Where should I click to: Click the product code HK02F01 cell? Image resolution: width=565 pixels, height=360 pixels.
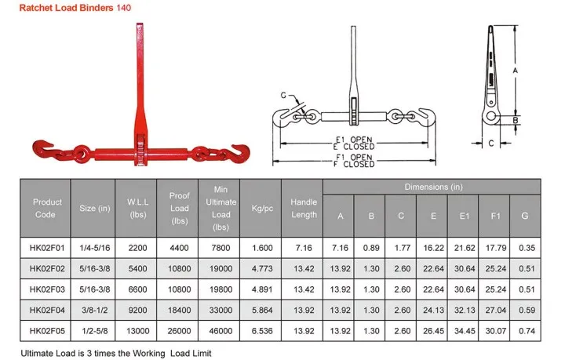47,248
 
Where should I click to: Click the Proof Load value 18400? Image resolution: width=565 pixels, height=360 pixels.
179,310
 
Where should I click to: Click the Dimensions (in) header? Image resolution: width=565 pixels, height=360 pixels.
432,187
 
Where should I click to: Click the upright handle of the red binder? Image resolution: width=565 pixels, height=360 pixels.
136,71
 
